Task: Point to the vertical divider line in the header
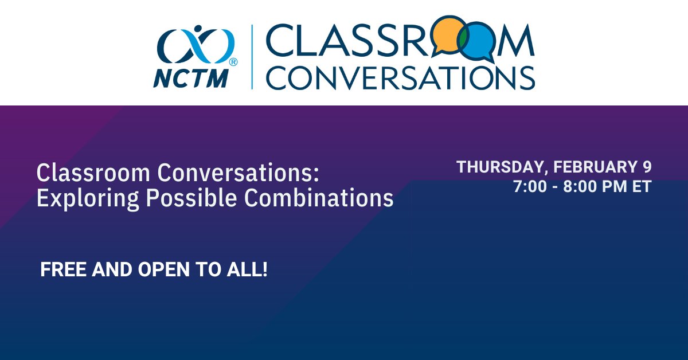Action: [252, 57]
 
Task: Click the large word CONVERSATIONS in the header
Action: [400, 77]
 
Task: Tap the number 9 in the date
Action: [647, 167]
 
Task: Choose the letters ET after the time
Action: [642, 187]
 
